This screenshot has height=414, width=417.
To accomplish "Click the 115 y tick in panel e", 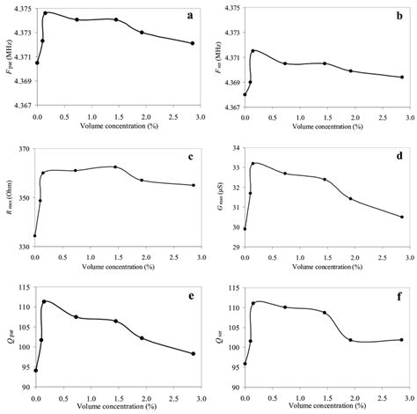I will click(x=24, y=288).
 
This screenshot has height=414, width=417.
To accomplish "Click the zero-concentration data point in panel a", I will click(x=37, y=63).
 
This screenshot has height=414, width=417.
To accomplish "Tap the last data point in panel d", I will click(x=402, y=217).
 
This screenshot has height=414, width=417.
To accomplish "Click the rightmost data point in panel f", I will click(x=402, y=340).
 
